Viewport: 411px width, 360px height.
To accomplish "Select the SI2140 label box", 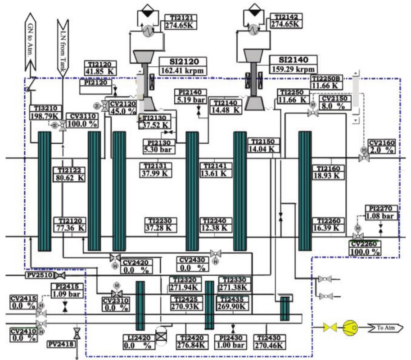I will pyautogui.click(x=293, y=60).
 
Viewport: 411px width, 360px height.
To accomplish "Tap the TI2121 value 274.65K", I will pyautogui.click(x=181, y=26).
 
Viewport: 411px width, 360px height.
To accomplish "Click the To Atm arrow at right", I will pyautogui.click(x=385, y=328).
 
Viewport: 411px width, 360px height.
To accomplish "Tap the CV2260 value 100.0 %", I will pyautogui.click(x=366, y=252).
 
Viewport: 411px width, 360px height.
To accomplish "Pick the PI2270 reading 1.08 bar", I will pyautogui.click(x=382, y=216).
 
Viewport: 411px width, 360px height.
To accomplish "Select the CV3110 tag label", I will pyautogui.click(x=82, y=116).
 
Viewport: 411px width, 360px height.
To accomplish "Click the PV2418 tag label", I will pyautogui.click(x=60, y=344).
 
